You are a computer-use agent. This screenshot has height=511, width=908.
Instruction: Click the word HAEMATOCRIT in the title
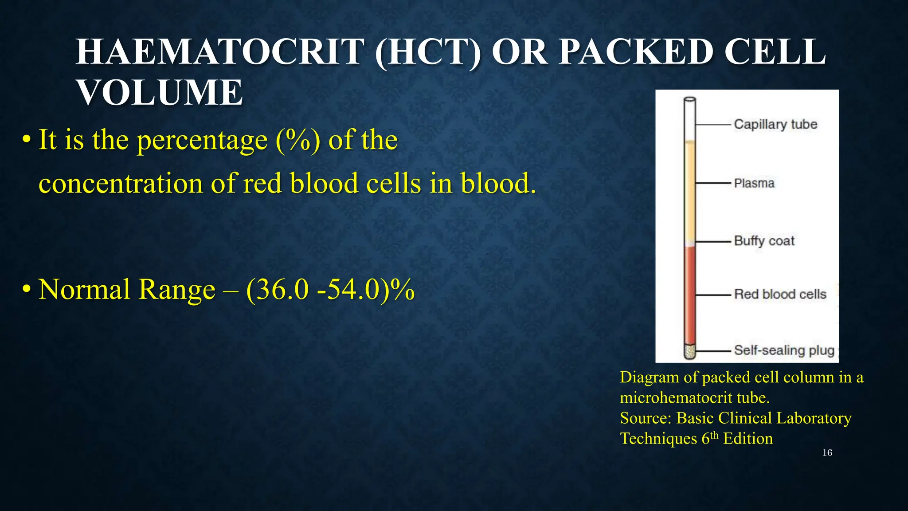220,52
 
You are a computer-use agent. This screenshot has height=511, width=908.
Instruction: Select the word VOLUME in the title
160,93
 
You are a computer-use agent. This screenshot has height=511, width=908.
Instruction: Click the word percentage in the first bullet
202,140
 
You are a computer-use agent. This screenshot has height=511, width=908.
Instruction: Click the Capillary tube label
775,124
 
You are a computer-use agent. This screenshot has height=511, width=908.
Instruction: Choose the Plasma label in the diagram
754,183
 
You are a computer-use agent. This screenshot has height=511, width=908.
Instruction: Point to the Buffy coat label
764,241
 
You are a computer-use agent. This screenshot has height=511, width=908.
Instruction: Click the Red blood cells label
780,294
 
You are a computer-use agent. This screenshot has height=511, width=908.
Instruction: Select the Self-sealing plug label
784,350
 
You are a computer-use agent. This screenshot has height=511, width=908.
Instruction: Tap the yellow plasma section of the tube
689,191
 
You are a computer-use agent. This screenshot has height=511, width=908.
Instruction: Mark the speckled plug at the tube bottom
689,351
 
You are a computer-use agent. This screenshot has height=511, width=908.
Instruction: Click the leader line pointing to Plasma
712,183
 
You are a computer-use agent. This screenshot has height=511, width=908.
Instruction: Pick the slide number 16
827,452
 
